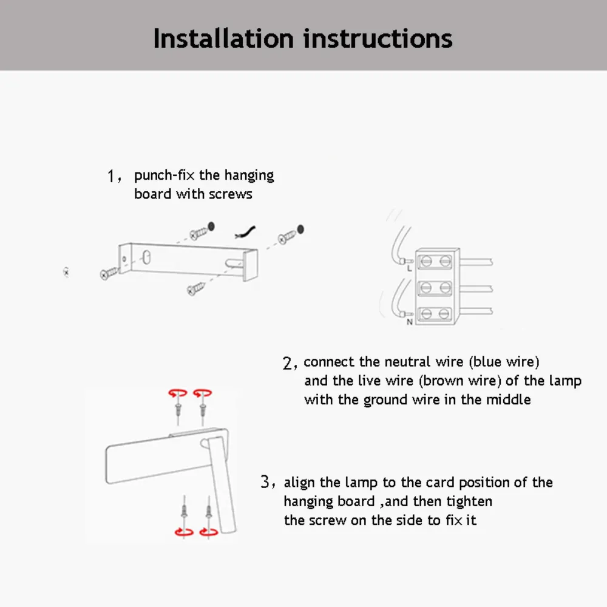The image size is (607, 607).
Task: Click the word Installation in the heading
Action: point(224,39)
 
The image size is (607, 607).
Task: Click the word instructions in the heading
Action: point(378,39)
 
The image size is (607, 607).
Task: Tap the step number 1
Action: point(110,176)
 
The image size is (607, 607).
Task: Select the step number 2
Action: point(287,363)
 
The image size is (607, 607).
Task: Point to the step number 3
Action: point(265,482)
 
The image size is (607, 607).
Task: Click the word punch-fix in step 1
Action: point(164,176)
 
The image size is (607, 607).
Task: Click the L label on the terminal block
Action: point(409,268)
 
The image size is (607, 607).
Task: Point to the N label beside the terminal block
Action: point(410,322)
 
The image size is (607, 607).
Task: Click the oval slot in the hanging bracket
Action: point(146,257)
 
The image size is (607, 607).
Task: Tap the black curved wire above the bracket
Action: point(245,232)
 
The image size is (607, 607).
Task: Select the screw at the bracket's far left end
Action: point(109,273)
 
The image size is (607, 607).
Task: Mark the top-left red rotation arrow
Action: point(178,393)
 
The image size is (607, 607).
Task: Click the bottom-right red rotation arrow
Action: point(209,532)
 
